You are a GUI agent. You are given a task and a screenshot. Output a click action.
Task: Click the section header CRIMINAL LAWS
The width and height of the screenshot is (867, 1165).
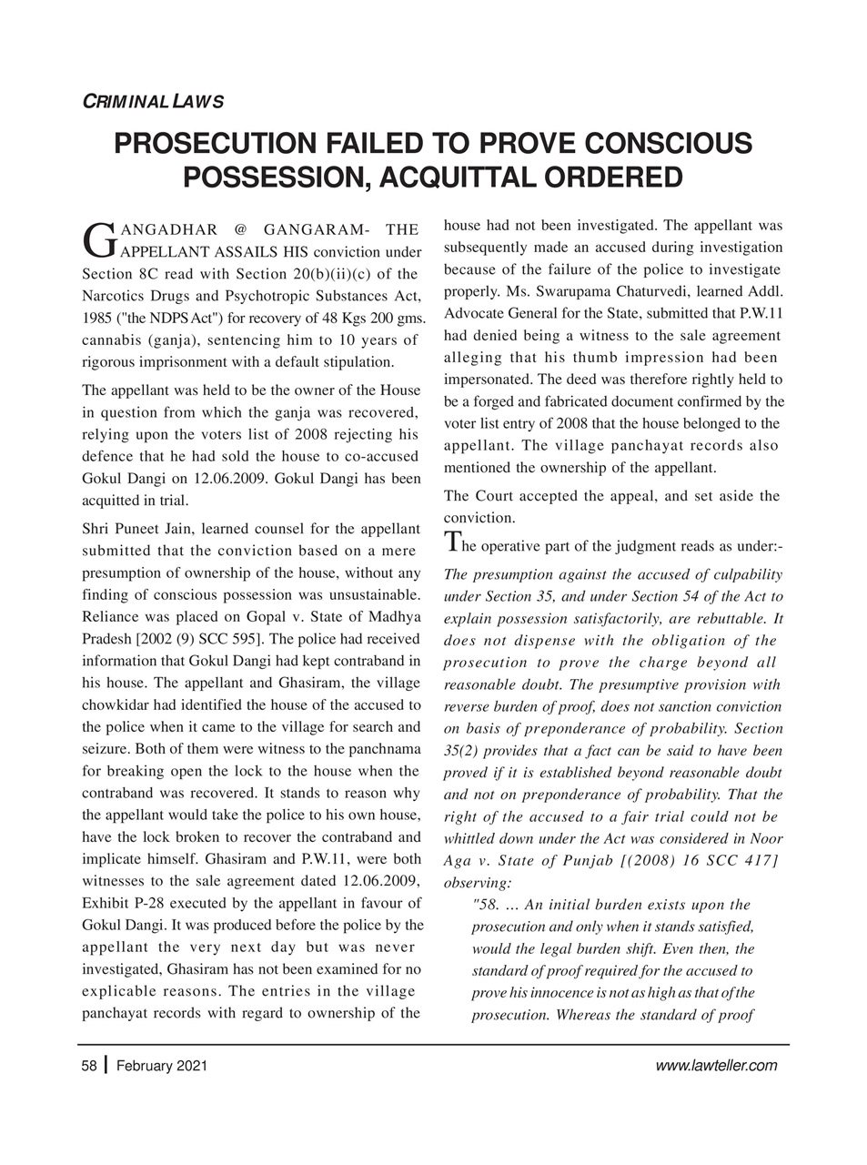tap(147, 101)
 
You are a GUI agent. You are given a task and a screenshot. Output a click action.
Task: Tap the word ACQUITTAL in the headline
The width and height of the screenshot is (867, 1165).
tap(469, 177)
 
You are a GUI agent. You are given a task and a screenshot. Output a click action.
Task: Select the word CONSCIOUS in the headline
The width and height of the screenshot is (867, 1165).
tap(664, 144)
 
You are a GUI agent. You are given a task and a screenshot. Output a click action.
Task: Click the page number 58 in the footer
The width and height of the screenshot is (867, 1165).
tap(89, 1066)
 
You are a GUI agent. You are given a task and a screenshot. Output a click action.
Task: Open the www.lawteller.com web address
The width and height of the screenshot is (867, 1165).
tap(716, 1066)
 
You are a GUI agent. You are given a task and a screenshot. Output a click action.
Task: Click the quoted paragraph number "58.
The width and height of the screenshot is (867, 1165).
tap(487, 904)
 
